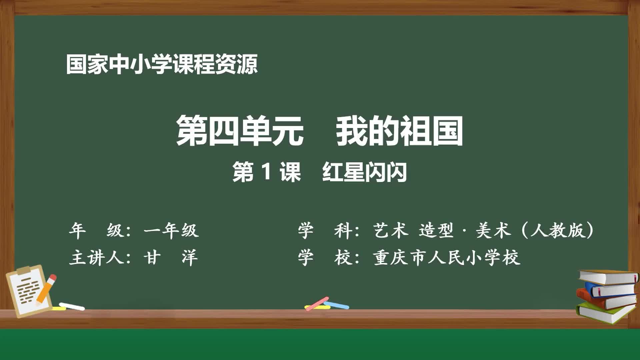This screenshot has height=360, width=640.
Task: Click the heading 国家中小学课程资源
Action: [x=162, y=64]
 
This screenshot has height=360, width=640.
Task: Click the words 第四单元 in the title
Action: [x=240, y=131]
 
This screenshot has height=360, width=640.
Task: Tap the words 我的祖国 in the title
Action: [x=399, y=131]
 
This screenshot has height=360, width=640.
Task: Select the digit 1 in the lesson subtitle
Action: [x=266, y=172]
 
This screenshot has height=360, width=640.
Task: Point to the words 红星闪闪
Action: [x=364, y=172]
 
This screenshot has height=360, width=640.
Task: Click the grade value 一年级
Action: [x=171, y=230]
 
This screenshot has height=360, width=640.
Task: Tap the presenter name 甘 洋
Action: [x=171, y=258]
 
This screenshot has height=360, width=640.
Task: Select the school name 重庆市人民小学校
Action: [x=447, y=258]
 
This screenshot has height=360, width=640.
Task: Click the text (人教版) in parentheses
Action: [x=557, y=230]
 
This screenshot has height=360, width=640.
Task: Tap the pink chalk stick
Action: [x=317, y=303]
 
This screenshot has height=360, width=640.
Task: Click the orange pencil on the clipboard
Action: [x=46, y=290]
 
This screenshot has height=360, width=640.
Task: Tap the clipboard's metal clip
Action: [x=24, y=271]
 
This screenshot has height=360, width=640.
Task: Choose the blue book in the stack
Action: [x=612, y=290]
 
